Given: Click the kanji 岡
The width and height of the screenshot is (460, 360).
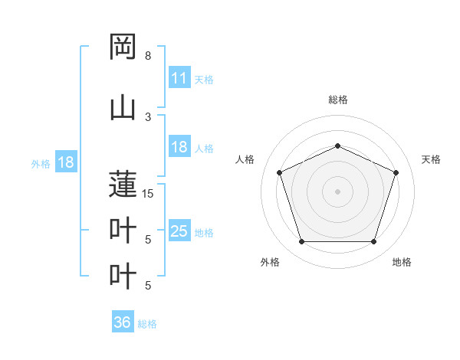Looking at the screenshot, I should click(x=123, y=47).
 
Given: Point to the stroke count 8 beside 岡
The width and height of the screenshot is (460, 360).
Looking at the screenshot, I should click(x=148, y=56).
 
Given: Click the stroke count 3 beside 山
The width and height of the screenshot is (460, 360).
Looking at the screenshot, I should click(x=148, y=116).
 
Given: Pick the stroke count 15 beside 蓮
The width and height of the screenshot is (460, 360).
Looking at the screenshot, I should click(x=148, y=194).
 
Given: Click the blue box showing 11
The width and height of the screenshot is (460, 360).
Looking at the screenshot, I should click(x=179, y=78).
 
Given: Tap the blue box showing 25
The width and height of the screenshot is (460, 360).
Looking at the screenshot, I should click(x=179, y=231).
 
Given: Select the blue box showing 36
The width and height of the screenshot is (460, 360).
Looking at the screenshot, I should click(x=122, y=322).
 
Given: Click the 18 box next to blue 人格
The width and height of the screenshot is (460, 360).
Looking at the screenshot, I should click(x=179, y=147).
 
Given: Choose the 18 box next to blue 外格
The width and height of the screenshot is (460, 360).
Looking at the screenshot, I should click(x=65, y=162).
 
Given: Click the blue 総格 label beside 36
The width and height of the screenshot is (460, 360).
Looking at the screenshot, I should click(x=147, y=324).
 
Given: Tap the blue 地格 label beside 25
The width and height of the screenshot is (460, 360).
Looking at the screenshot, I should click(x=204, y=232).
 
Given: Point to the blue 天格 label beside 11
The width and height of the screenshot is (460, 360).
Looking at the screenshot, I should click(x=204, y=79).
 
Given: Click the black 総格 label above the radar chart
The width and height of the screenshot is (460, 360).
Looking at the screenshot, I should click(x=337, y=100).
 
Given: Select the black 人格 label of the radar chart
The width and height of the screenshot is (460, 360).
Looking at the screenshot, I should click(x=245, y=159).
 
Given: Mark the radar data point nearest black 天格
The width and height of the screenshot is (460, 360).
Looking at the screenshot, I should click(x=396, y=172).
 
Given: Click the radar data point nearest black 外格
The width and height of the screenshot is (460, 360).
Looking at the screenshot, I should click(x=301, y=242).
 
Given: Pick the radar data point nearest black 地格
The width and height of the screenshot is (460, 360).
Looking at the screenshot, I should click(x=373, y=242).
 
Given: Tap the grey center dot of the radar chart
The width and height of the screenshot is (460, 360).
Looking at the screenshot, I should click(x=337, y=191).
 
